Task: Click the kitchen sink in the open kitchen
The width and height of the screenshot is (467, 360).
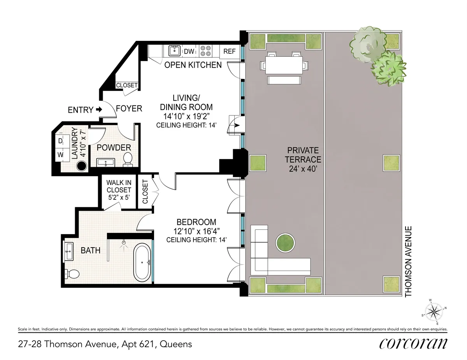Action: point(174,51)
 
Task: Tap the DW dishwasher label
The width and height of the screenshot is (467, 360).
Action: point(189,51)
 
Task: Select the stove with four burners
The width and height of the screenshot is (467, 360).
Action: point(205,51)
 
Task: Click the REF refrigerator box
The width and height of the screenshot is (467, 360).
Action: point(229,51)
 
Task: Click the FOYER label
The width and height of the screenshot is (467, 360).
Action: point(129,108)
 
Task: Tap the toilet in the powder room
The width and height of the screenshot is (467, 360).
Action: point(128,159)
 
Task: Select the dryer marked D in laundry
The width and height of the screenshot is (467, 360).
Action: point(61,141)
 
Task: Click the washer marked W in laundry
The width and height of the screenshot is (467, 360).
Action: point(61,154)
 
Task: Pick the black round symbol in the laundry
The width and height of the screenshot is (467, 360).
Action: point(81,166)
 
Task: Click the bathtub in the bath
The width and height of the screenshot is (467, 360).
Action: point(142,262)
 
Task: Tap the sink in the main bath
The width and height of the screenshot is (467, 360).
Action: point(70,251)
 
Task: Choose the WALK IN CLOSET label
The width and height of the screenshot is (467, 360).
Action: point(119,190)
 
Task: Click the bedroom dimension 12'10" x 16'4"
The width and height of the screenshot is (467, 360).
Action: point(196,232)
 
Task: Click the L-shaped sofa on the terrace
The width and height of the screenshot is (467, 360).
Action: point(269,257)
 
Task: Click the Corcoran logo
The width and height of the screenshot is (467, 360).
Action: point(413,344)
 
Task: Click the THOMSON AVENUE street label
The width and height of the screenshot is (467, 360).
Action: point(408,262)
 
